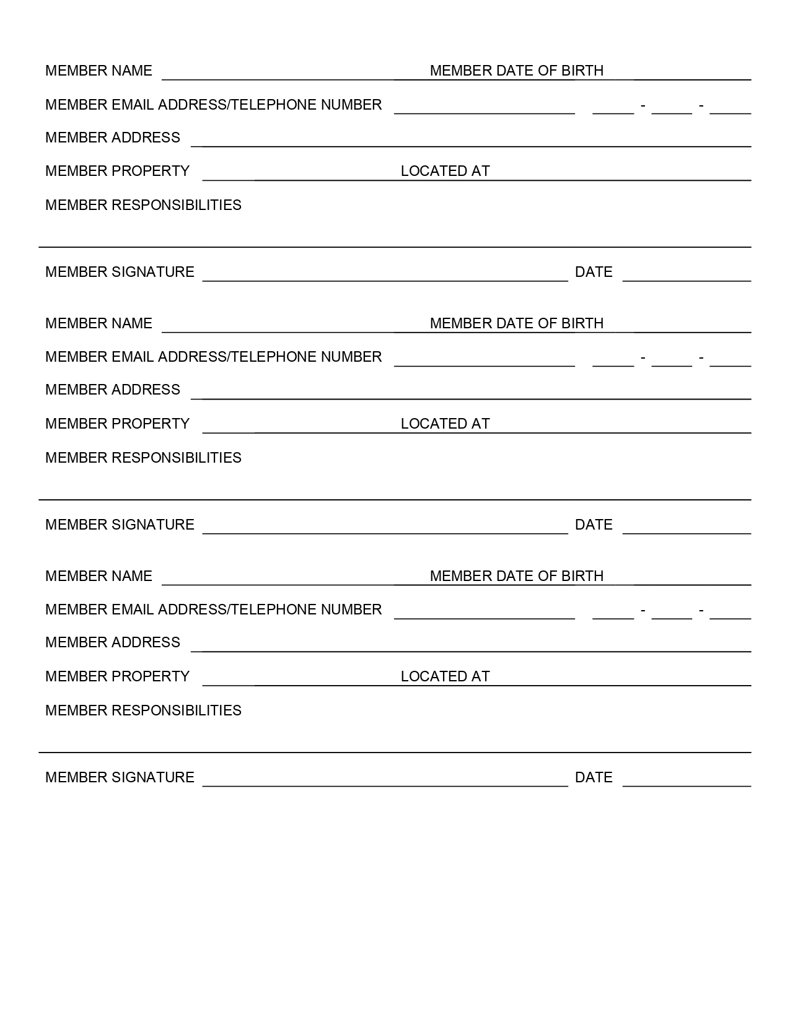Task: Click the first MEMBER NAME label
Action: pyautogui.click(x=99, y=71)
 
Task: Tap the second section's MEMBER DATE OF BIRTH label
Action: pyautogui.click(x=516, y=323)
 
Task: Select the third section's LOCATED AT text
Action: pyautogui.click(x=445, y=676)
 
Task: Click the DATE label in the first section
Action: pyautogui.click(x=593, y=272)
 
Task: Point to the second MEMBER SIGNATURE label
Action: pyautogui.click(x=120, y=525)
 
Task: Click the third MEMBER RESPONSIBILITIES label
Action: pyautogui.click(x=143, y=710)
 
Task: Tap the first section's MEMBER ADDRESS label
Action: pyautogui.click(x=113, y=138)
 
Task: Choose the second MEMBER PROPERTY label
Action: pyautogui.click(x=117, y=424)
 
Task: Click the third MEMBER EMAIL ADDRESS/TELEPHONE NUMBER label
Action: pyautogui.click(x=213, y=609)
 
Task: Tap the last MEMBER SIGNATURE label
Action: pyautogui.click(x=120, y=777)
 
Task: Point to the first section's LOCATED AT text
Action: pyautogui.click(x=445, y=171)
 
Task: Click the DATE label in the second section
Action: pyautogui.click(x=593, y=525)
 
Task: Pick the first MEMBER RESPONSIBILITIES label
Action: pyautogui.click(x=143, y=205)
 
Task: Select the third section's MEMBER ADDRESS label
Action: pyautogui.click(x=113, y=642)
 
